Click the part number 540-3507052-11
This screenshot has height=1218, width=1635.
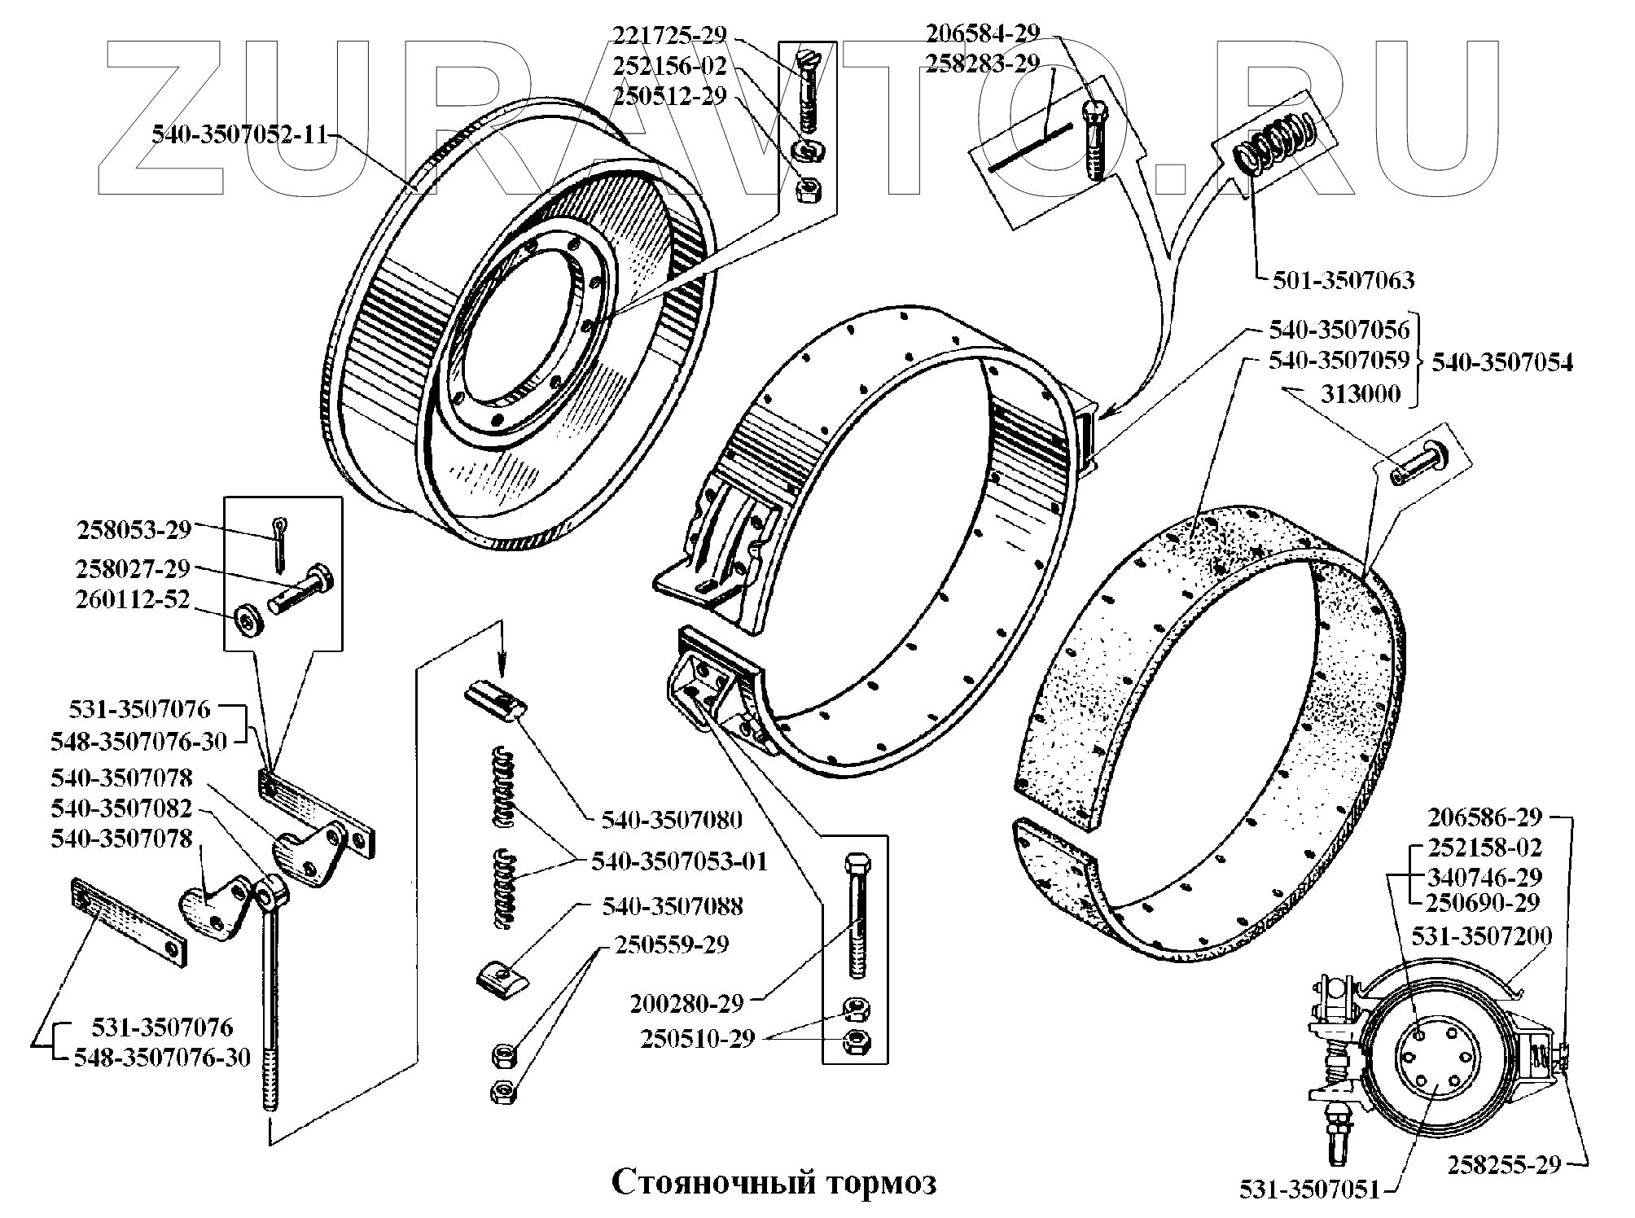[x=239, y=135]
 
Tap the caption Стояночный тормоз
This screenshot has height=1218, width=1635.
[x=773, y=1181]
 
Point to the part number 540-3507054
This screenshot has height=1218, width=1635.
[x=1502, y=362]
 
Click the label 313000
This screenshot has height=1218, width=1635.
[x=1360, y=395]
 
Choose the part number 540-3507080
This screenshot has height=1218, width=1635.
[x=672, y=819]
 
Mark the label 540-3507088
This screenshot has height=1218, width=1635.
[x=673, y=906]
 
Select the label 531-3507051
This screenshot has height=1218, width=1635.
[x=1310, y=1190]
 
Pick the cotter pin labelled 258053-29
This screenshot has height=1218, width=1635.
[x=280, y=544]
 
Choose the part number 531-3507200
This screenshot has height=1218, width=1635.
[x=1481, y=935]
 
